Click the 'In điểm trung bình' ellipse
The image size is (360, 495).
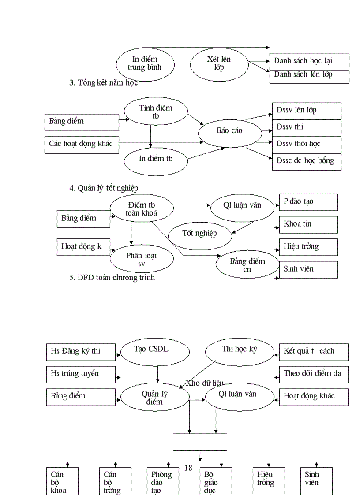coord(145,64)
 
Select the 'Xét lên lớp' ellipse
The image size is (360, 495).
coord(219,64)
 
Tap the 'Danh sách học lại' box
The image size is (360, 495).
coord(309,61)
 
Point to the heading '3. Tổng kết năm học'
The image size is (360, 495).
coord(104,83)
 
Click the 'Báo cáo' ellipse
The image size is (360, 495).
coord(229,131)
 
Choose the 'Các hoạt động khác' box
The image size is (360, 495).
coord(82,144)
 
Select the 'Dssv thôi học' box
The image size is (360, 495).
coord(307,144)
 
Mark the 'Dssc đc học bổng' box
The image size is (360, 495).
coord(307,161)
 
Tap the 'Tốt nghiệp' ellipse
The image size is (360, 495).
coord(200,234)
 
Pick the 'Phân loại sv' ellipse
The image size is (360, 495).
coord(142,259)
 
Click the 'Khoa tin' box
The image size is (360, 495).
coord(308,224)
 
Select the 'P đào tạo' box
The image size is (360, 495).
coord(308,202)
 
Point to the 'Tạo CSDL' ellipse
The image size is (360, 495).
coord(155,350)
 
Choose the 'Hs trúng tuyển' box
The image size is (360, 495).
coord(81,374)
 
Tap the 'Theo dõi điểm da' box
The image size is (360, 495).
coord(313,374)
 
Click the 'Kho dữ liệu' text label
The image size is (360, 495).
coord(205,383)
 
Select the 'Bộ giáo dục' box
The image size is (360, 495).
coord(215,481)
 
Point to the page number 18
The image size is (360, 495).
coord(188,468)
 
